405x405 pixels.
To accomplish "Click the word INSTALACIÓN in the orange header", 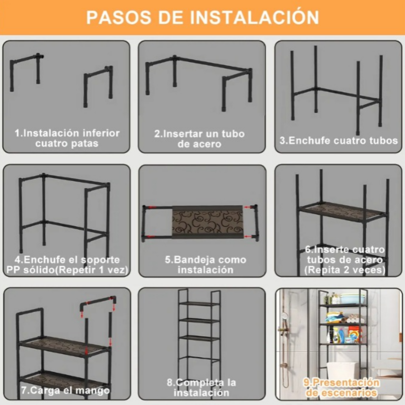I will tap(254, 17).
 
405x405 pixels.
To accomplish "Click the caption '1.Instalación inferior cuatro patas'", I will tap(67, 138).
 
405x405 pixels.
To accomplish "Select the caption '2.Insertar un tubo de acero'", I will tap(199, 139).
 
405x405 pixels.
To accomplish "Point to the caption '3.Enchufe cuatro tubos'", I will tap(339, 140).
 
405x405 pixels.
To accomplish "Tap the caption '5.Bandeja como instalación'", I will tap(205, 265).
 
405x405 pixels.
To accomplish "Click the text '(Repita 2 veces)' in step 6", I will tap(345, 270).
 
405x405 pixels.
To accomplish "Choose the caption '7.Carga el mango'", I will tap(65, 390).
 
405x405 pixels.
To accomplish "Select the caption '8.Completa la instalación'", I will tap(202, 387).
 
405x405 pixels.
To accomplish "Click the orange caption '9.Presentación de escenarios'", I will tap(341, 387).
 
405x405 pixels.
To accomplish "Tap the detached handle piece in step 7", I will tap(98, 303).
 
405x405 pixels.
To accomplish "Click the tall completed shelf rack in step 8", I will tap(199, 331).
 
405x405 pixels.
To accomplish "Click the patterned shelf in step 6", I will tap(342, 212).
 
